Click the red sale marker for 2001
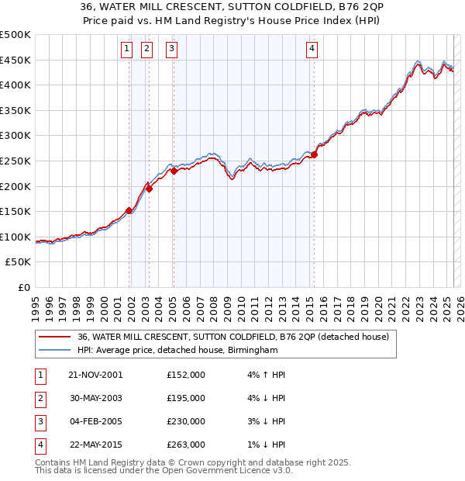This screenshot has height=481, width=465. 129,210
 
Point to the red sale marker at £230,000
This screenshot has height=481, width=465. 174,171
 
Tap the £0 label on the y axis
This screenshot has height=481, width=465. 23,287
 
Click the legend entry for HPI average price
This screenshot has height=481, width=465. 177,351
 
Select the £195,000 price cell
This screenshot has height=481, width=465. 186,398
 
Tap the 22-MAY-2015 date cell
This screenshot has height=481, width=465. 96,445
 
